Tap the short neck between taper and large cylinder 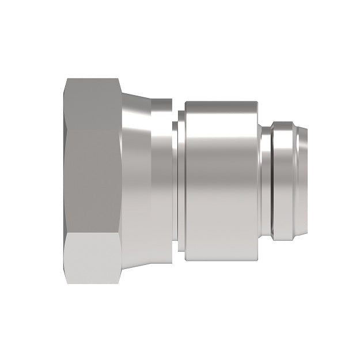coord(174,180)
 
